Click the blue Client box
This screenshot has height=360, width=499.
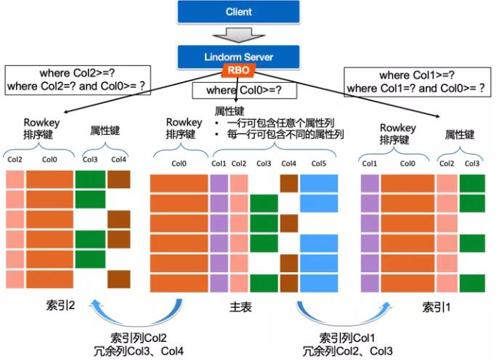(239, 12)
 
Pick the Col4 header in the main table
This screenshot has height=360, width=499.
(289, 163)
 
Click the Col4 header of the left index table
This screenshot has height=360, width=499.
(118, 160)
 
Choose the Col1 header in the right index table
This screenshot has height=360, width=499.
(370, 164)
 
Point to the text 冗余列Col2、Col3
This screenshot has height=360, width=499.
(346, 351)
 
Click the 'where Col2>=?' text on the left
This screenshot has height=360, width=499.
(78, 73)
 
